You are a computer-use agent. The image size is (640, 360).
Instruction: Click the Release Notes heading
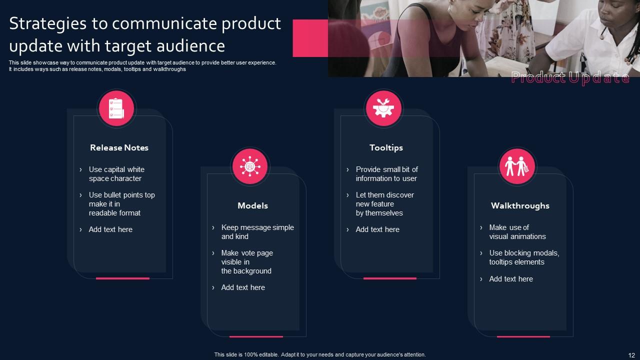(x=119, y=147)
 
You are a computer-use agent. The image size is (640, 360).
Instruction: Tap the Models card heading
(x=253, y=205)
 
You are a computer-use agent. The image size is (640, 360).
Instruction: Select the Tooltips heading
(x=386, y=147)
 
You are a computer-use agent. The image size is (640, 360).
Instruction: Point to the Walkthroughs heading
(x=520, y=205)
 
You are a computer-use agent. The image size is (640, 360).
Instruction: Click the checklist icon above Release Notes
(x=116, y=108)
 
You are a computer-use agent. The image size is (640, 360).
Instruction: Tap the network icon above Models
(x=250, y=166)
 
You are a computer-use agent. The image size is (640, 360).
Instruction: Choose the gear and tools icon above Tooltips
(x=383, y=108)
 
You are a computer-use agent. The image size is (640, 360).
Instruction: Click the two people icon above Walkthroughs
(x=517, y=166)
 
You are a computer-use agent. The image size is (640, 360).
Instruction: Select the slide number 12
(x=631, y=355)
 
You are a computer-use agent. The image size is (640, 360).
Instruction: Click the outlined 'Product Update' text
(x=570, y=77)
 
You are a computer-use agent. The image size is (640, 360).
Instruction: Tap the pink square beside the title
(x=310, y=38)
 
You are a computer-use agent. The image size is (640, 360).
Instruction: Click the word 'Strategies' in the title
(x=47, y=24)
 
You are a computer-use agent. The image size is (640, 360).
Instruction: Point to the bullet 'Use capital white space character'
(x=116, y=174)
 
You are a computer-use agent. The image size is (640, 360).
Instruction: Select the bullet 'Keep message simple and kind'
(x=257, y=232)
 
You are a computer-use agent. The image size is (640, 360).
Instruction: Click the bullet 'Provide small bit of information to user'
(x=387, y=174)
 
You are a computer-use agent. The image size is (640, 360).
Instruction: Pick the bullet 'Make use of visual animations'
(x=517, y=232)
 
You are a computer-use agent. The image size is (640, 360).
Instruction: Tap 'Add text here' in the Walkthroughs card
(x=511, y=279)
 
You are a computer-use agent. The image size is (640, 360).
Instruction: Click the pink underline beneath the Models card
(x=256, y=336)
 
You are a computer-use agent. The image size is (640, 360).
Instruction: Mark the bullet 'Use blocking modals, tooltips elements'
(x=524, y=257)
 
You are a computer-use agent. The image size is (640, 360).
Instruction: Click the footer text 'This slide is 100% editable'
(x=246, y=354)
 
